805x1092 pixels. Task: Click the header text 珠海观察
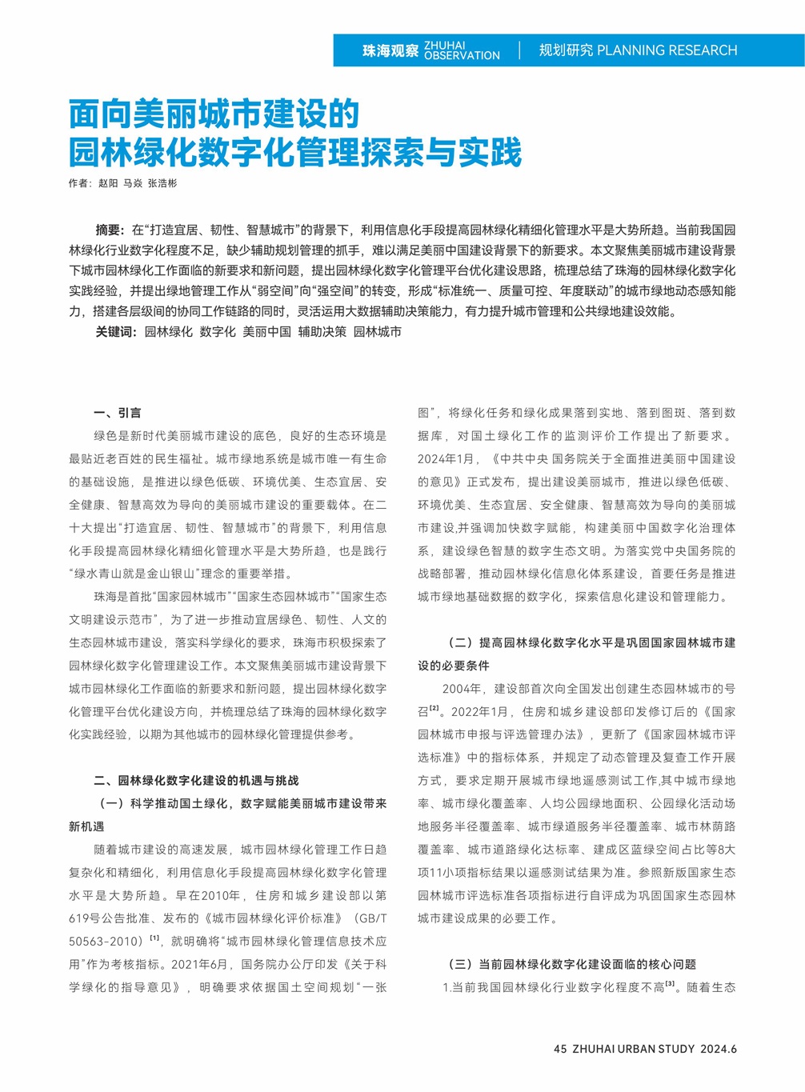390,50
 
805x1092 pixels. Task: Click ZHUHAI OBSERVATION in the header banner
462,50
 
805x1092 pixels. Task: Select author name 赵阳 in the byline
108,183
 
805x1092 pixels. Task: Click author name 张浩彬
162,183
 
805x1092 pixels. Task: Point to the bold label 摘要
110,230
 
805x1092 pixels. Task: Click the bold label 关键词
116,331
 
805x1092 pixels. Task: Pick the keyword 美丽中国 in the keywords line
266,331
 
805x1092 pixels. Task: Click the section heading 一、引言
117,413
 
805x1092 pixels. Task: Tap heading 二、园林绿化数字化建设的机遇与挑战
196,780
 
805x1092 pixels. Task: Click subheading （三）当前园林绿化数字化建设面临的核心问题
571,964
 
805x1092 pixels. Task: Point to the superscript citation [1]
154,938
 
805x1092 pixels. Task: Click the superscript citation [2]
435,709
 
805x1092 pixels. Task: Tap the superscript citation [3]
670,984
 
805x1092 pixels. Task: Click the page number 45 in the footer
560,1049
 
